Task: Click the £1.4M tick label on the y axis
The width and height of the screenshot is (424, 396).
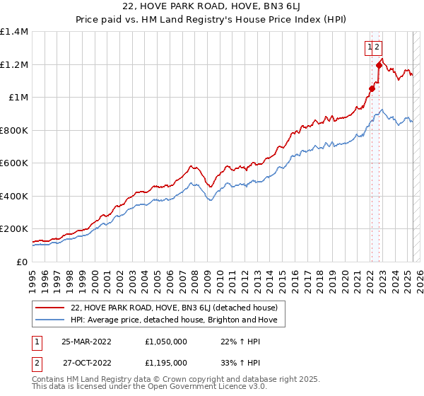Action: [x=14, y=32]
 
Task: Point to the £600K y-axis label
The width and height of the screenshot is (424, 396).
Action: [x=14, y=163]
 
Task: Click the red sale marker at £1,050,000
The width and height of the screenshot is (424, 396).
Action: [x=372, y=89]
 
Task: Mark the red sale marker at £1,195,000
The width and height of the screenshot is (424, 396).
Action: [x=379, y=65]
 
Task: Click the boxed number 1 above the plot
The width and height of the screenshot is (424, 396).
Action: [x=370, y=47]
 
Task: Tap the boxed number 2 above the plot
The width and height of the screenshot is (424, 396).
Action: [x=378, y=47]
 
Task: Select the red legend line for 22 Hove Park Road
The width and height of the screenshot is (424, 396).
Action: [x=51, y=308]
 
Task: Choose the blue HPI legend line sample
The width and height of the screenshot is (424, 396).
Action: [x=51, y=320]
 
